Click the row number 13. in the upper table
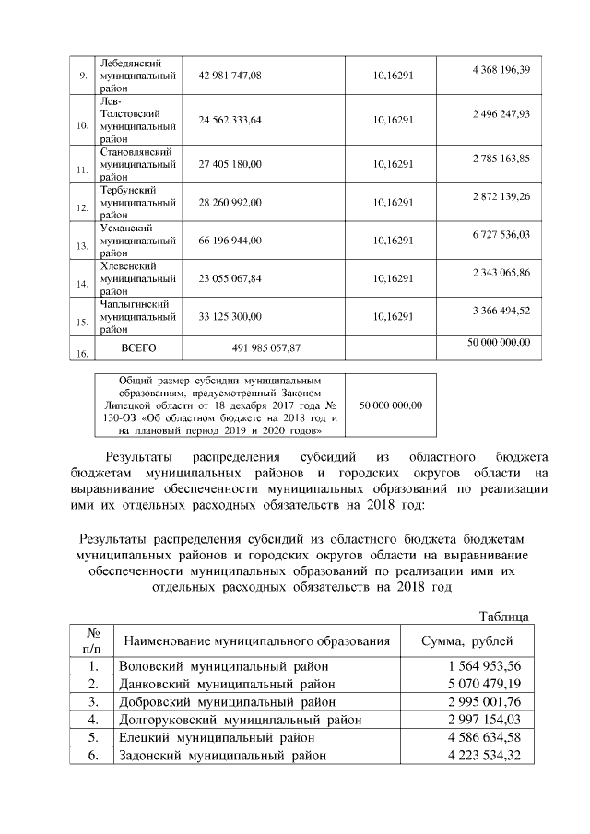(x=82, y=245)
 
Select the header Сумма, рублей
(x=466, y=640)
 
